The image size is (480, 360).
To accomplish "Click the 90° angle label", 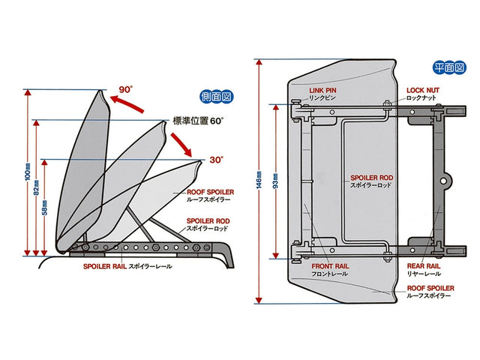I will click(x=124, y=89).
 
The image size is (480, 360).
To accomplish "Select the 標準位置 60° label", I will click(x=199, y=120).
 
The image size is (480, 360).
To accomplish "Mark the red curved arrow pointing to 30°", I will click(x=185, y=142).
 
